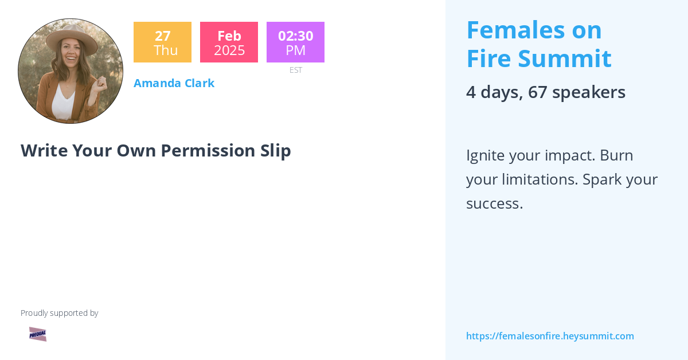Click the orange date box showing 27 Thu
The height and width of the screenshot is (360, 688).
click(162, 42)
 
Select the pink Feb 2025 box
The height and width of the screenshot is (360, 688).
click(229, 42)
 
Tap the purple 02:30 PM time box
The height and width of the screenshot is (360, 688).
click(295, 42)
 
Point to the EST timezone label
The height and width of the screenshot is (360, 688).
click(296, 70)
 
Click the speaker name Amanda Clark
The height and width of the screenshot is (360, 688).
click(174, 83)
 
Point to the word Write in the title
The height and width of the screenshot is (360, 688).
click(44, 150)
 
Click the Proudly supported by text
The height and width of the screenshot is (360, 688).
click(59, 313)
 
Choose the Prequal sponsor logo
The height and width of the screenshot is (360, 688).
click(38, 334)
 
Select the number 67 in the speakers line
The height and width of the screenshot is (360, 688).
click(537, 92)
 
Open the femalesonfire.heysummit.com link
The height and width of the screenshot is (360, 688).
click(550, 336)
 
